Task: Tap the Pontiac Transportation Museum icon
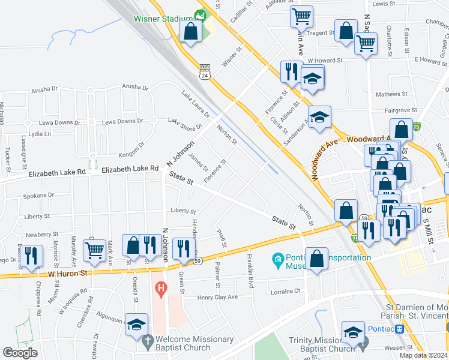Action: (x=278, y=259)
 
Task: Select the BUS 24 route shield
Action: (x=205, y=72)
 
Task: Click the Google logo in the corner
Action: (x=20, y=353)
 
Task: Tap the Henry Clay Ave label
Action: (x=218, y=296)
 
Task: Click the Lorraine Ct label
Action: (x=286, y=290)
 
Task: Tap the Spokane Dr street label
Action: (x=38, y=195)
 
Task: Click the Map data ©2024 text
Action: (x=423, y=355)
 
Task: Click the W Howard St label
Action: (x=325, y=61)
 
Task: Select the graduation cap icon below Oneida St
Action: (x=137, y=325)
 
